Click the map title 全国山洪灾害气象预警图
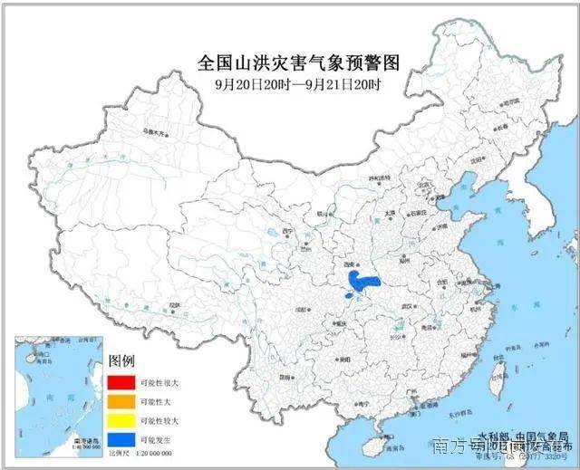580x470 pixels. point(298,63)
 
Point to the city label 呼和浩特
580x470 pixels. point(365,177)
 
